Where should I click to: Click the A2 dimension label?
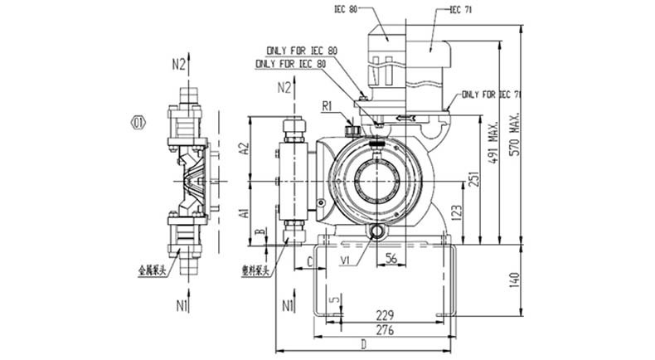tap(244, 148)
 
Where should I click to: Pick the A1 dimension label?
tap(244, 212)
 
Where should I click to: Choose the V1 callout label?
tap(344, 261)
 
